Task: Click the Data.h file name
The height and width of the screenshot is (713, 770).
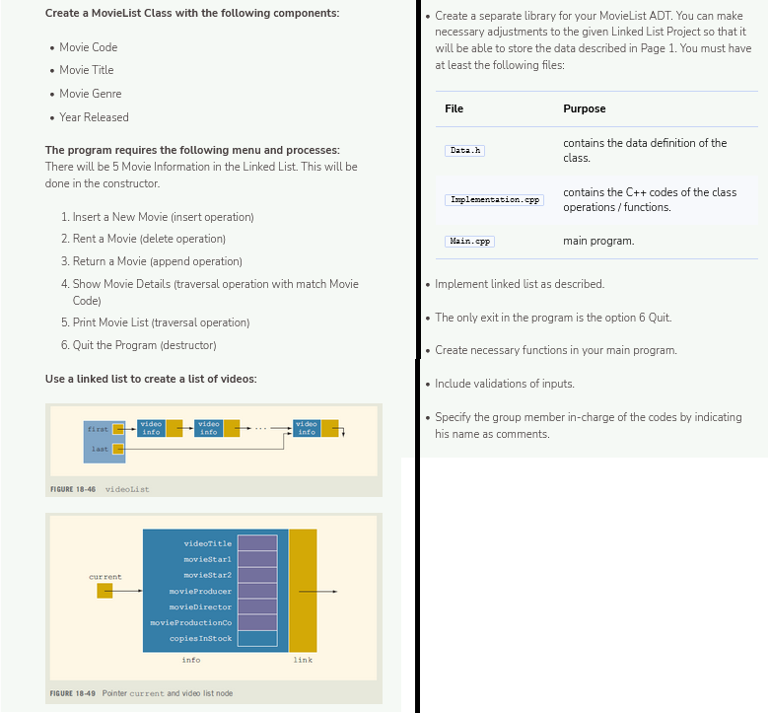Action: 464,151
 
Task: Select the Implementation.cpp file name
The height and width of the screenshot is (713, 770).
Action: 494,200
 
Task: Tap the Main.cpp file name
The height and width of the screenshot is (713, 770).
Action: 469,241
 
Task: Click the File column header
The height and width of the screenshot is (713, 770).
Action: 455,108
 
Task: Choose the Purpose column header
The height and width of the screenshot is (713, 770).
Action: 584,108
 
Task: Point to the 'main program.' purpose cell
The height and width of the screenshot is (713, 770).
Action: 598,241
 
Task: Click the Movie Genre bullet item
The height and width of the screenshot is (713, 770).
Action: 90,94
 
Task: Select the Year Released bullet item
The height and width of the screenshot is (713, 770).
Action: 94,117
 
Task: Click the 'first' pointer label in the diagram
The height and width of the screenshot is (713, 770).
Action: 99,429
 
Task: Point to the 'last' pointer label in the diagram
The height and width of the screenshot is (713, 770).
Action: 100,450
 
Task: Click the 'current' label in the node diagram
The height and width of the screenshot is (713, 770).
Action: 105,577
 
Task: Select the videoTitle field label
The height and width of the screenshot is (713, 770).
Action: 207,543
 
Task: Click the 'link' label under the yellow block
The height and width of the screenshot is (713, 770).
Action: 303,660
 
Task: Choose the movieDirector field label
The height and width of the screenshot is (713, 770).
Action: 201,606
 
